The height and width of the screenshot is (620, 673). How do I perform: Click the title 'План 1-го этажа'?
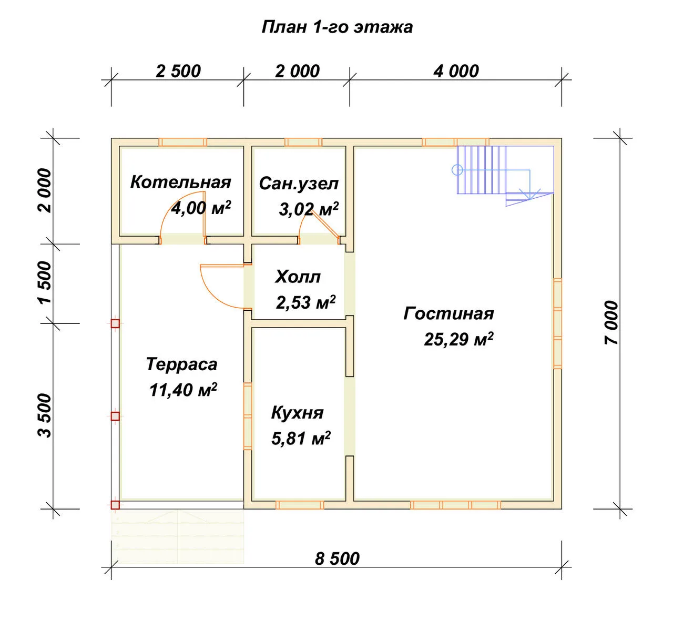click(337, 27)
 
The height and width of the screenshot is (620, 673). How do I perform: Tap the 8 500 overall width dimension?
click(337, 559)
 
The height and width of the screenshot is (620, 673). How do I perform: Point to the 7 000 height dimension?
click(611, 323)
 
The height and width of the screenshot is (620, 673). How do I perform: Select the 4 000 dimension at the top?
click(456, 72)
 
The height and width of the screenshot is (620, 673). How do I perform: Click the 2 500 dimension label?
click(178, 72)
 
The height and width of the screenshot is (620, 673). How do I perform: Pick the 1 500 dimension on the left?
click(45, 283)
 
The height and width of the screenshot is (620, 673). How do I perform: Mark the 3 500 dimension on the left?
click(45, 416)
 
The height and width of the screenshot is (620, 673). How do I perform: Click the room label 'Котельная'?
click(180, 182)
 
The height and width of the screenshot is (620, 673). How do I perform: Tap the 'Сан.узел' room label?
click(299, 184)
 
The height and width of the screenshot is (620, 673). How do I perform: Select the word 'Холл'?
click(298, 277)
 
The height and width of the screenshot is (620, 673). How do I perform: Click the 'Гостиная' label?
click(448, 314)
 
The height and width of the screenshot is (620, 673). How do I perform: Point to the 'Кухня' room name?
click(297, 413)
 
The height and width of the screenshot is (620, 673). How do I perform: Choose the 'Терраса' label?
click(181, 364)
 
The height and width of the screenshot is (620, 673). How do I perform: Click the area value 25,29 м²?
click(458, 339)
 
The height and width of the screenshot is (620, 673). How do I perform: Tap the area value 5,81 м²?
click(301, 439)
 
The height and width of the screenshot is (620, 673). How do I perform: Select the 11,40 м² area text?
click(183, 390)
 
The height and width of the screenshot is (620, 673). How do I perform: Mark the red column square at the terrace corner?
click(115, 505)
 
